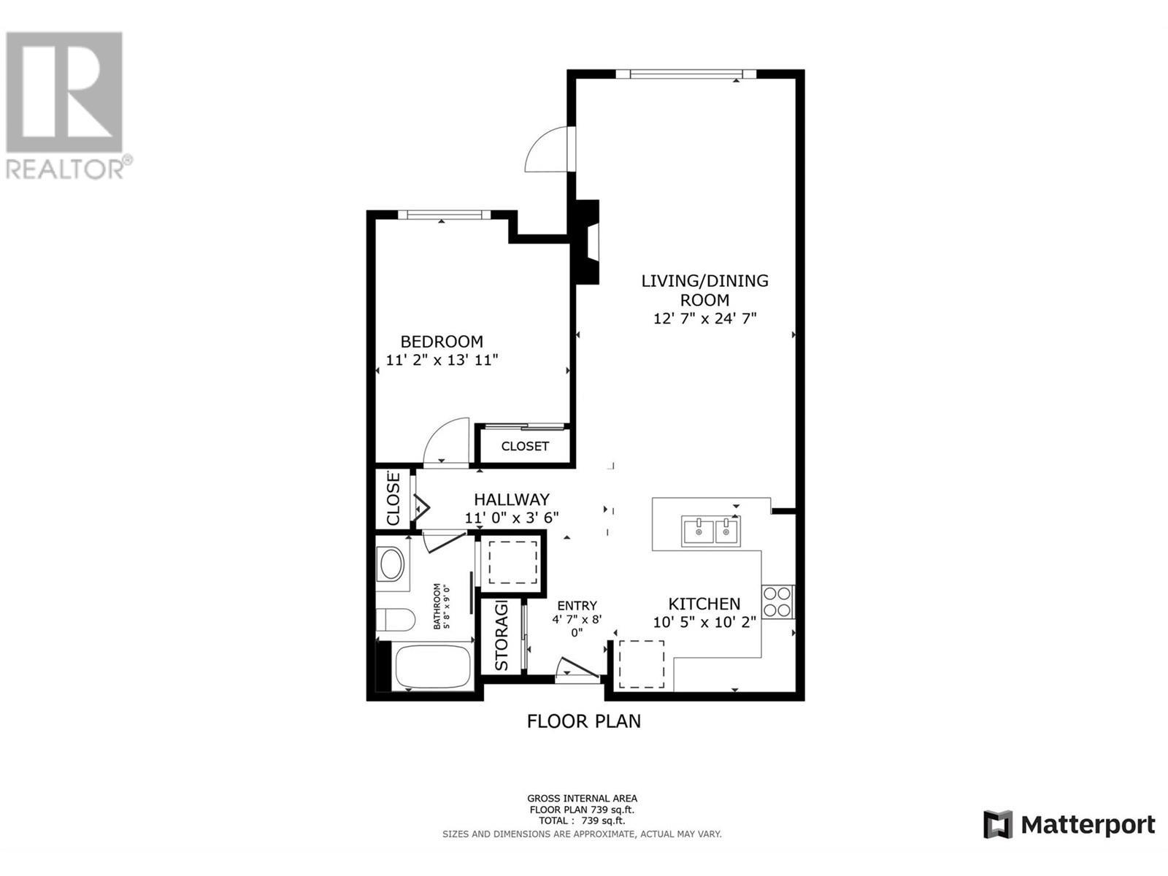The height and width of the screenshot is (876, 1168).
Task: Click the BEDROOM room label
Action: pos(442,342)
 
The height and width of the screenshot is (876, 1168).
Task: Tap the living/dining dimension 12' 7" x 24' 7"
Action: pos(704,319)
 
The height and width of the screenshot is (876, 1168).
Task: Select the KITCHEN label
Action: pos(704,604)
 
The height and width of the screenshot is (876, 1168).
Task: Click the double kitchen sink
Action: pos(710,531)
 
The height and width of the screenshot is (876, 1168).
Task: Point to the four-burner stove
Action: pos(777,602)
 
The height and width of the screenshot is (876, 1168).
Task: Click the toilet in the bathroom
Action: pos(394,620)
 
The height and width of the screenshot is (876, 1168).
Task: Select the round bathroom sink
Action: pos(392,564)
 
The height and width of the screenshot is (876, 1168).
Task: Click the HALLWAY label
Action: pos(511,500)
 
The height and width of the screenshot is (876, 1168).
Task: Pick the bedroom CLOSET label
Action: pos(525,446)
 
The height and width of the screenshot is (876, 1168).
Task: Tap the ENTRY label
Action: pos(577,606)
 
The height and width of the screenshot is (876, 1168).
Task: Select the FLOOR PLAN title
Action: pos(583,721)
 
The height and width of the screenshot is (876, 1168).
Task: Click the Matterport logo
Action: pos(1069,825)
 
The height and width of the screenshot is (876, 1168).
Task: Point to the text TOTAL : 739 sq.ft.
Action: pos(582,821)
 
